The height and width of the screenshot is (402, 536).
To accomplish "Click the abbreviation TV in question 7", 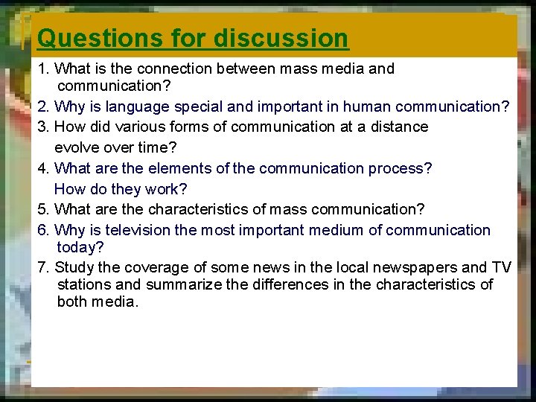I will coord(501,267).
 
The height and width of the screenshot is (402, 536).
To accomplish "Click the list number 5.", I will coord(43,209).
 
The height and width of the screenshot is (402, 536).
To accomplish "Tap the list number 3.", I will coord(43,127).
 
